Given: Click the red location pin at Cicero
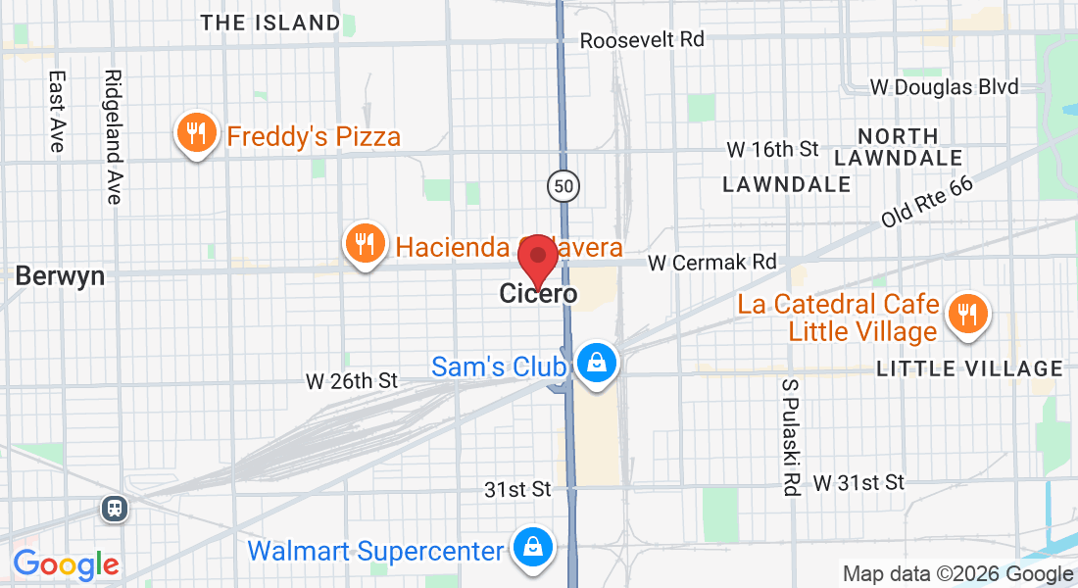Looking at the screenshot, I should pyautogui.click(x=537, y=257).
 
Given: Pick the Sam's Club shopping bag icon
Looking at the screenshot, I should pyautogui.click(x=595, y=364).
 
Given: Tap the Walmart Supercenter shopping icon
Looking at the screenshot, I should pyautogui.click(x=532, y=547).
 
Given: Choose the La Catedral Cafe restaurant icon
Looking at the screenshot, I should pyautogui.click(x=967, y=315).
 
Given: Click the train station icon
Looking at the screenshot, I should pyautogui.click(x=115, y=508).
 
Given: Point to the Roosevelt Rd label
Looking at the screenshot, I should pyautogui.click(x=642, y=40).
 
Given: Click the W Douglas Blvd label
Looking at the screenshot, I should pyautogui.click(x=945, y=87).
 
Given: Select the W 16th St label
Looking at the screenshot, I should pyautogui.click(x=772, y=149).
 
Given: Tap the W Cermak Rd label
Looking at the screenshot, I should pyautogui.click(x=712, y=263).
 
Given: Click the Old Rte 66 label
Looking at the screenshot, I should pyautogui.click(x=926, y=203).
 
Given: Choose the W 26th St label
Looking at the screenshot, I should pyautogui.click(x=352, y=380).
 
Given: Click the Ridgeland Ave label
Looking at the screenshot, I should pyautogui.click(x=114, y=136).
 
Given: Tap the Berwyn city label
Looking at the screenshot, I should pyautogui.click(x=60, y=276).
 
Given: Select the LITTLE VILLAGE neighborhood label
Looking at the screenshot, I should pyautogui.click(x=969, y=368).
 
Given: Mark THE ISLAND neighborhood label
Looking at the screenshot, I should pyautogui.click(x=270, y=23).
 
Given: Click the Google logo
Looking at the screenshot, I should pyautogui.click(x=66, y=564).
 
